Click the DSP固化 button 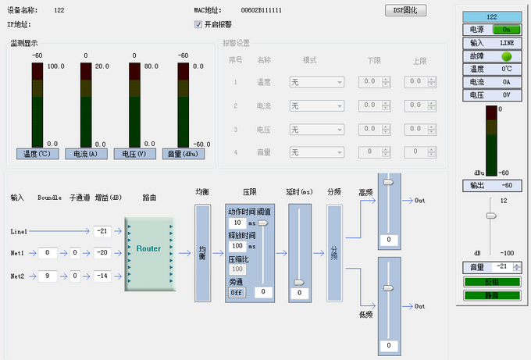tap(406, 10)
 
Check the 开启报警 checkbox tap(198, 24)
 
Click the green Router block tap(148, 249)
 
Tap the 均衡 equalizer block tap(202, 252)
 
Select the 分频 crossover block tap(334, 252)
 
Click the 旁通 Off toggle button tap(237, 291)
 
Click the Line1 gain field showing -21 tap(102, 231)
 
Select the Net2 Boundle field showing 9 tap(48, 276)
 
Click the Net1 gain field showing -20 tap(102, 253)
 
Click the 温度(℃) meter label tap(37, 154)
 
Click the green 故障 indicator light tap(505, 56)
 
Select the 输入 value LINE tap(505, 43)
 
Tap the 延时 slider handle tap(299, 283)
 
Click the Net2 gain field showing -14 tap(102, 276)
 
